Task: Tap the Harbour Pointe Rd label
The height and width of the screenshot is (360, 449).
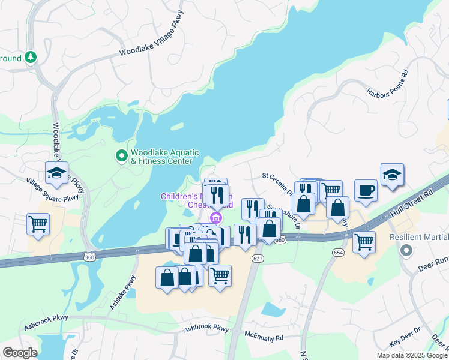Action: click(x=388, y=84)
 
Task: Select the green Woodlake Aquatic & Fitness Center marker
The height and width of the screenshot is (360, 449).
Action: click(x=122, y=157)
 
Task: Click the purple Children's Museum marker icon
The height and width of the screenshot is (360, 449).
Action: click(x=215, y=217)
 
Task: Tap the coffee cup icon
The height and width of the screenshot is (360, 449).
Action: click(x=366, y=191)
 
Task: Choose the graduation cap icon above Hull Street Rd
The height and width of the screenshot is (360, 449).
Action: click(x=392, y=175)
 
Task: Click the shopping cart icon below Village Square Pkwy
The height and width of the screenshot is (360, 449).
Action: click(x=38, y=224)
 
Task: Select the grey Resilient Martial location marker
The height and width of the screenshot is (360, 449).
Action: click(x=406, y=250)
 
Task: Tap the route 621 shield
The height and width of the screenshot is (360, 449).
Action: click(x=258, y=258)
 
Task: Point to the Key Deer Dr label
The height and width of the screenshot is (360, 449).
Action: click(x=406, y=341)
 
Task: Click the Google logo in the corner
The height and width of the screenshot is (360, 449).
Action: click(x=20, y=353)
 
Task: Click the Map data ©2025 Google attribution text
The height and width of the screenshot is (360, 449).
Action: click(x=412, y=355)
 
